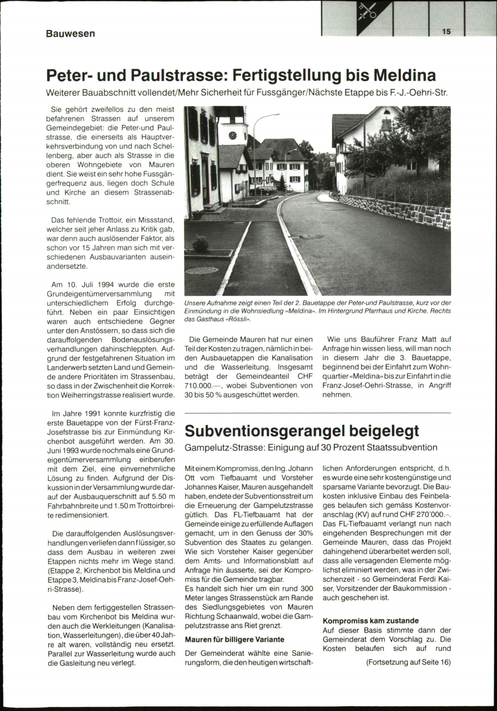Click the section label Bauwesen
pos(70,33)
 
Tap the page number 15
pos(446,31)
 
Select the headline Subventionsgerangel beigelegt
pos(302,430)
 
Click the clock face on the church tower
pos(232,135)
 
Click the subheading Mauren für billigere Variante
pos(234,639)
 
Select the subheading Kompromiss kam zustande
pos(371,621)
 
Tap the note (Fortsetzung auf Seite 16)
pos(408,662)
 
